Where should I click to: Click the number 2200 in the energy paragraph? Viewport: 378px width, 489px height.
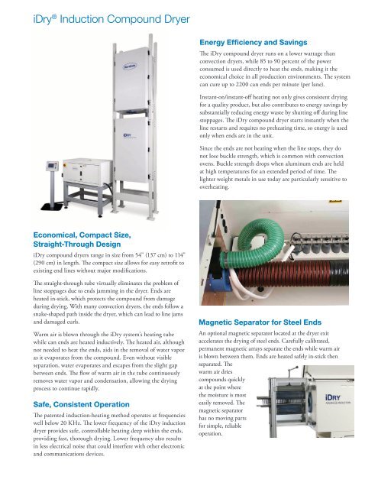click(248, 104)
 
